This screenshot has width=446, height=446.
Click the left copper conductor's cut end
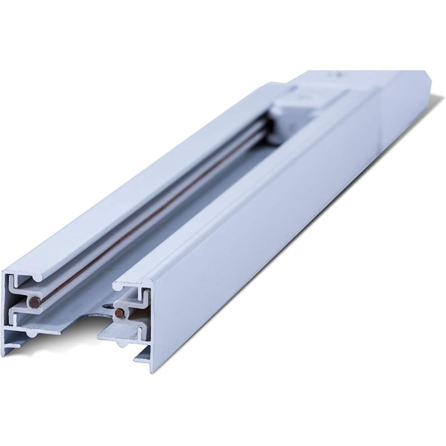tap(35, 302)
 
